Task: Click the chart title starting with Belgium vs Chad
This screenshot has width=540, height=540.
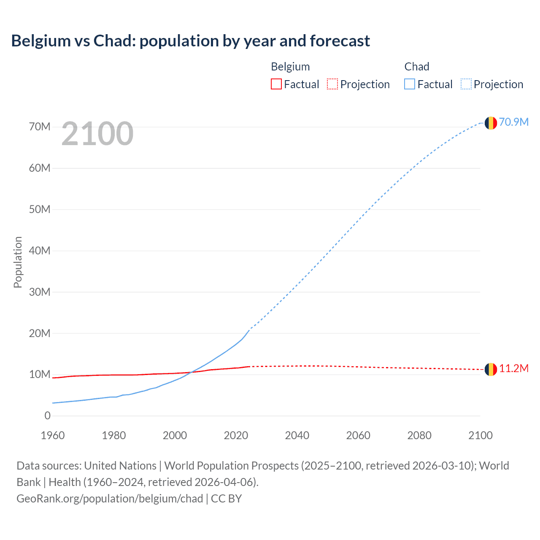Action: tap(190, 41)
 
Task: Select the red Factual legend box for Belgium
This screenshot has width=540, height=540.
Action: tap(276, 84)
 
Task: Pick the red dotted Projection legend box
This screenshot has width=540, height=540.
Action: tap(332, 84)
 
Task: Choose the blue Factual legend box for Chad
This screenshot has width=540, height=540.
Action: tap(410, 84)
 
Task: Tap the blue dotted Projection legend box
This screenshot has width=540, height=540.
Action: tap(466, 84)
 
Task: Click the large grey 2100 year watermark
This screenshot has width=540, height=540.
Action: tap(97, 134)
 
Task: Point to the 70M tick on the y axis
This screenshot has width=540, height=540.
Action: tap(40, 127)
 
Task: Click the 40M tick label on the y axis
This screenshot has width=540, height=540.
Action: tap(40, 251)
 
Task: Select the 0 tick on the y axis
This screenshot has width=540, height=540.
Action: tap(47, 416)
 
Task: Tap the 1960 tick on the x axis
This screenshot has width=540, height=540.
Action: tap(53, 435)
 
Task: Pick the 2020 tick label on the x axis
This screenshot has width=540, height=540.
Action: tap(236, 435)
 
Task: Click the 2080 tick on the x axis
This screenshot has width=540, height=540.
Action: tap(419, 435)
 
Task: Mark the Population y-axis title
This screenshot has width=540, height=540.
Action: tap(18, 262)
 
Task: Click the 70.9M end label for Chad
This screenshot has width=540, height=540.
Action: tap(514, 122)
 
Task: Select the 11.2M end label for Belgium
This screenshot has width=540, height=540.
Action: tap(514, 368)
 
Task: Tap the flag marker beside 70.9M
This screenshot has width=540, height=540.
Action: tap(491, 123)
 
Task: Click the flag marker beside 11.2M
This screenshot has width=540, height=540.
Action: tap(491, 369)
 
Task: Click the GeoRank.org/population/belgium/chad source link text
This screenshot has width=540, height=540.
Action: tap(110, 498)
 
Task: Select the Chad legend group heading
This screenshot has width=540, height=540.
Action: tap(417, 67)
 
